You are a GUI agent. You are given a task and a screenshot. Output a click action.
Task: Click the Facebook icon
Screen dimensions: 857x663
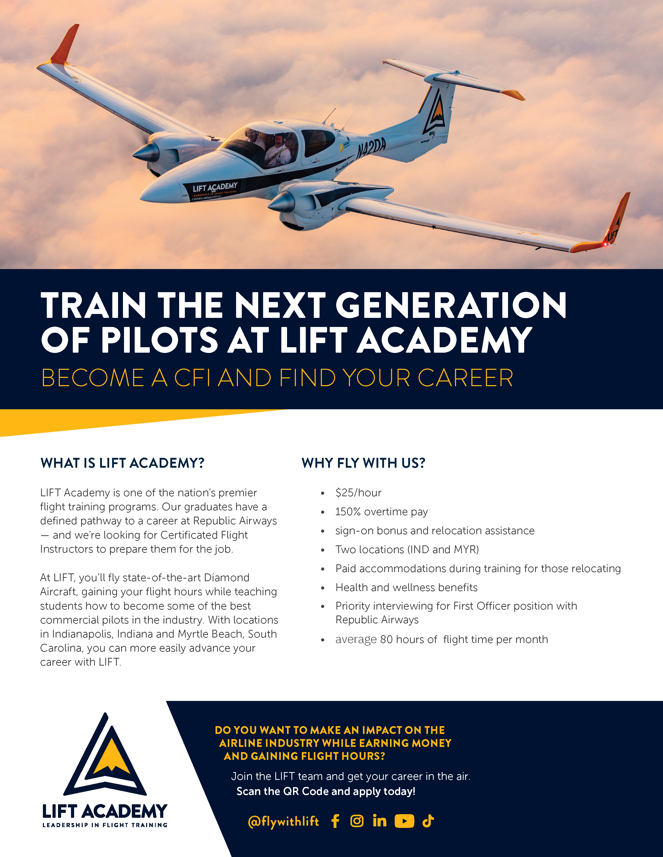pos(335,821)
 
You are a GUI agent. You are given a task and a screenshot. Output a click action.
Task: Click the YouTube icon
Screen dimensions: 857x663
pos(404,821)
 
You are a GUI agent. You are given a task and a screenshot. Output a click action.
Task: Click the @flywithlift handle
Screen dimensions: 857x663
pos(283,821)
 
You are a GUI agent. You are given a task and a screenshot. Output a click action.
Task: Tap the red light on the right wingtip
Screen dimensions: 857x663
pos(605,244)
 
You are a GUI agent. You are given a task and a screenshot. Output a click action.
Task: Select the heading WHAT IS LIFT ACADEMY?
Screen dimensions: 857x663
pos(122,463)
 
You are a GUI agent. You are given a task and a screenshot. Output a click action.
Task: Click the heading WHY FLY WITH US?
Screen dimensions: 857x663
pos(363,463)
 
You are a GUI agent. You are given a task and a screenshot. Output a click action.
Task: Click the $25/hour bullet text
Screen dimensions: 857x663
pos(358,493)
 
